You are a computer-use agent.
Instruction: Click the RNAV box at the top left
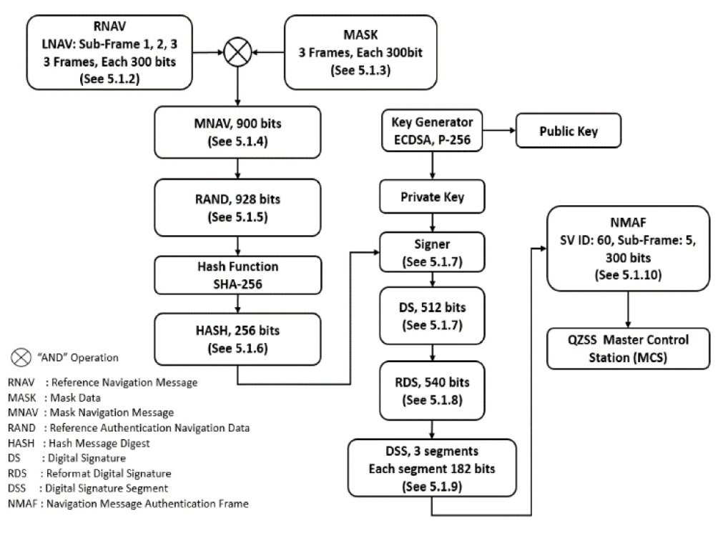coord(109,52)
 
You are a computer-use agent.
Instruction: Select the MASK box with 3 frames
coord(360,52)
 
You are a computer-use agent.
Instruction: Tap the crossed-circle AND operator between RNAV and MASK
coord(237,52)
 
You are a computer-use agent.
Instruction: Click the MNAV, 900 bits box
coord(237,132)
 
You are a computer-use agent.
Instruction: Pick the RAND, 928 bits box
coord(237,208)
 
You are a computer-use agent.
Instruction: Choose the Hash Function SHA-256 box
coord(237,275)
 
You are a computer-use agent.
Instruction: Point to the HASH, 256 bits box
coord(237,339)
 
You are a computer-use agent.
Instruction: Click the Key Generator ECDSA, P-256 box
coord(432,130)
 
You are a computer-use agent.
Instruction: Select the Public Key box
coord(568,131)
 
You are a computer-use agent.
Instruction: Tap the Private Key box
coord(432,196)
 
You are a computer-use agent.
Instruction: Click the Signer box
coord(432,252)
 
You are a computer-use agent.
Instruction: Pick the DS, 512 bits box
coord(432,316)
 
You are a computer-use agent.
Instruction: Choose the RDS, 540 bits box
coord(432,391)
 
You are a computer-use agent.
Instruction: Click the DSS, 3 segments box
coord(432,468)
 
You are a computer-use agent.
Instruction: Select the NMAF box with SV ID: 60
coord(628,249)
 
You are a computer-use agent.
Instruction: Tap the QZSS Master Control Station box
coord(628,349)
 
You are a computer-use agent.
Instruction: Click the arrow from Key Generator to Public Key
coord(499,130)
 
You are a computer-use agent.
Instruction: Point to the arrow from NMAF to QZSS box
coord(628,309)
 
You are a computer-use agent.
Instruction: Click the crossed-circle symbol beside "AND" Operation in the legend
coord(21,357)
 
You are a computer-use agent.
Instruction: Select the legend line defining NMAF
coord(128,504)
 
